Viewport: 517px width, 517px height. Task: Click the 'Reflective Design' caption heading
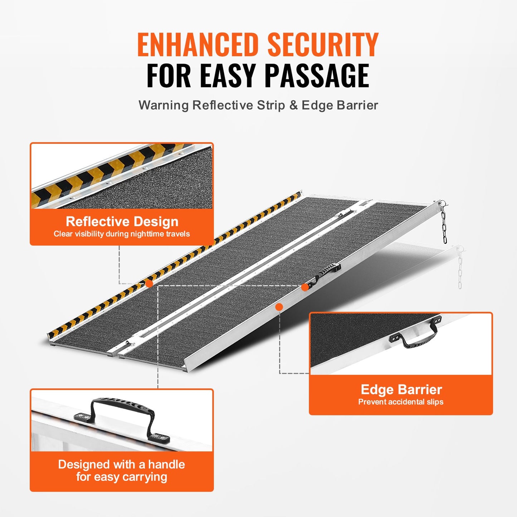pos(122,221)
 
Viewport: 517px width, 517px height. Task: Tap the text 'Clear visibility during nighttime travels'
pos(122,234)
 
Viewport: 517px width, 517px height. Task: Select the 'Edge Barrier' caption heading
pos(401,389)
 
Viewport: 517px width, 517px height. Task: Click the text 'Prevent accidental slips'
pos(401,402)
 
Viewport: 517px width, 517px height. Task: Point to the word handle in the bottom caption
pos(166,464)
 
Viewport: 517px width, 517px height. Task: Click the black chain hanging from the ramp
pos(444,224)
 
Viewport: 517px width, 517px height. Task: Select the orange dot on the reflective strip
pos(149,284)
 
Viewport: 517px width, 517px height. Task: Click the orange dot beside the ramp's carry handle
pos(305,287)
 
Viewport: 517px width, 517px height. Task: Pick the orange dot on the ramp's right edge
pos(279,307)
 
